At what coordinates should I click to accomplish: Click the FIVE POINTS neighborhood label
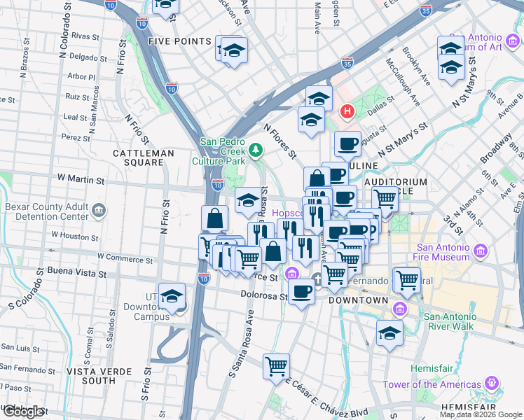click(179, 41)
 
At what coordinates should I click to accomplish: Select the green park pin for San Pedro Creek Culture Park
click(256, 150)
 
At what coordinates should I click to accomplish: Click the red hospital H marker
click(346, 111)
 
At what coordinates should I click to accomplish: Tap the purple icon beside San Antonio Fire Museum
click(481, 251)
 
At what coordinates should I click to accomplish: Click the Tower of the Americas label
click(432, 384)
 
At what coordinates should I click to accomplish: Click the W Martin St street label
click(81, 180)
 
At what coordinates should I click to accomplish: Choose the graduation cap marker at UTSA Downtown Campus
click(172, 296)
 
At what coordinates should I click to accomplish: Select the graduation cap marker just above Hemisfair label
click(389, 333)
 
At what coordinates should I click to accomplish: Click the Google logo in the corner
click(23, 412)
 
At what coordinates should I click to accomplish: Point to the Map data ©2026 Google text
click(480, 414)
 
